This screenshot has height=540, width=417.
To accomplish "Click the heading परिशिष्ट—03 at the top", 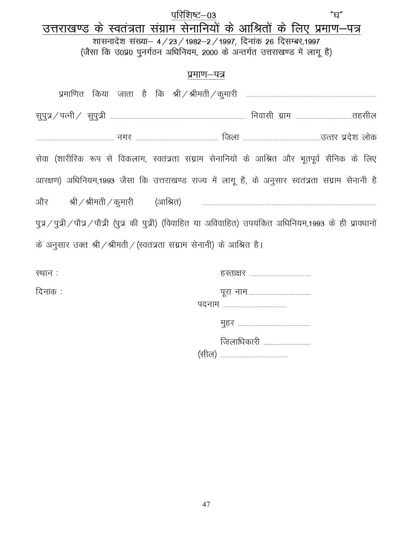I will pyautogui.click(x=194, y=15).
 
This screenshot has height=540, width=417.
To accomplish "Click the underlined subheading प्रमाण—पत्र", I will pyautogui.click(x=206, y=75).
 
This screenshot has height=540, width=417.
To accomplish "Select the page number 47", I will pyautogui.click(x=206, y=504).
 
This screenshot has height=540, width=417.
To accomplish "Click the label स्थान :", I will pyautogui.click(x=47, y=273).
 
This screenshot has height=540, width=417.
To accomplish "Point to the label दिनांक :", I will pyautogui.click(x=49, y=291).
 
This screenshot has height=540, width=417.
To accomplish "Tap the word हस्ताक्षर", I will pyautogui.click(x=233, y=273).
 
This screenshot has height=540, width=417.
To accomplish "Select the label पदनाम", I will pyautogui.click(x=208, y=304).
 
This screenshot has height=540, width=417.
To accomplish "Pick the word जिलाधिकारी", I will pyautogui.click(x=240, y=342).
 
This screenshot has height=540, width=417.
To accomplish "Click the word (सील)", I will pyautogui.click(x=207, y=354).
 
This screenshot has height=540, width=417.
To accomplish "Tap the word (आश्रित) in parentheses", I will pyautogui.click(x=168, y=202).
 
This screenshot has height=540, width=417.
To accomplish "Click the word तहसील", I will pyautogui.click(x=364, y=116).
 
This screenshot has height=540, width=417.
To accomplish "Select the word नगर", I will pyautogui.click(x=124, y=137).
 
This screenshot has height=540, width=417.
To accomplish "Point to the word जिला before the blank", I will pyautogui.click(x=231, y=137).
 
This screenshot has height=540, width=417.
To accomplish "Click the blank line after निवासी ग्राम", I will pyautogui.click(x=323, y=118).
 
